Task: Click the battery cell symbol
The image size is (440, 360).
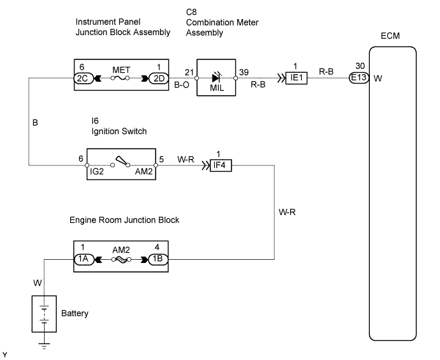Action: coord(43,313)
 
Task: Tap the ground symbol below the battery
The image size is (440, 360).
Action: coord(43,346)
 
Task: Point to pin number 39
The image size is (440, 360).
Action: coord(244,70)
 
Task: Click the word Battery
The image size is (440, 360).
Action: coord(75,313)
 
